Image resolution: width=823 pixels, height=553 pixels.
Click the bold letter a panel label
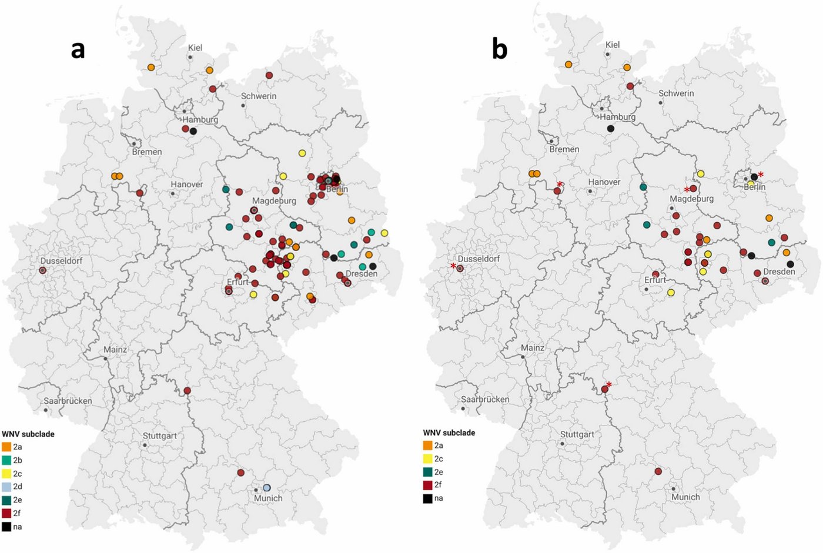tap(78, 49)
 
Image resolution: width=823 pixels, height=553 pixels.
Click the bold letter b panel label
tap(499, 49)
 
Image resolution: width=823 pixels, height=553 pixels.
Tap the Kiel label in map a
tap(195, 48)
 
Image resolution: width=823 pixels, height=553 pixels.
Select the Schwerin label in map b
tap(676, 93)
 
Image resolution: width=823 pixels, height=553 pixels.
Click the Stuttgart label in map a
tap(160, 436)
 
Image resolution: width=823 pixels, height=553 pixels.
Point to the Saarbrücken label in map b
tap(485, 399)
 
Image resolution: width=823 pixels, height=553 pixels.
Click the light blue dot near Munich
tap(267, 488)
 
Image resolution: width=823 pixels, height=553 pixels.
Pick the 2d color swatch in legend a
tap(6, 487)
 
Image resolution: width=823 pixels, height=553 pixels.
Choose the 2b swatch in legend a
tap(6, 460)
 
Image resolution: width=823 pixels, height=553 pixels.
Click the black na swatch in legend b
tap(427, 498)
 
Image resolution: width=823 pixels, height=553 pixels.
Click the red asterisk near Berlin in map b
tap(761, 175)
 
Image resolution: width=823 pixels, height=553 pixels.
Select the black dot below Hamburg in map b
tap(611, 129)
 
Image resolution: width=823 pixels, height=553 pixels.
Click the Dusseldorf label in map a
tap(61, 261)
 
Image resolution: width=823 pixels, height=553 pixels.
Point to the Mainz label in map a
tap(115, 350)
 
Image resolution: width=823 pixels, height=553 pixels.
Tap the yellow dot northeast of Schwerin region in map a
tap(302, 153)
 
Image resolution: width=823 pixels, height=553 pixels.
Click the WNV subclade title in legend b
tap(449, 433)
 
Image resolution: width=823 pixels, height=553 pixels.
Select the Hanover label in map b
tap(604, 182)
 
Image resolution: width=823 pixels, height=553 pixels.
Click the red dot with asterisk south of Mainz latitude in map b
tap(605, 389)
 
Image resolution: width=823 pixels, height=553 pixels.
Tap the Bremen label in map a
tap(147, 152)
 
